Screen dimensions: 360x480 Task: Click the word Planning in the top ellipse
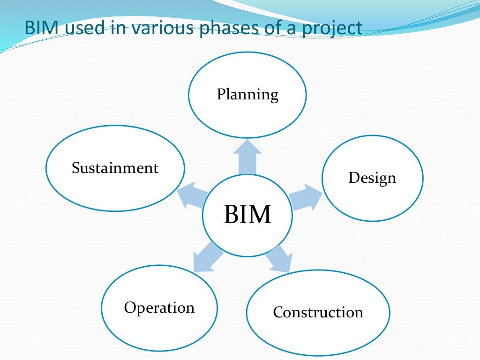pyautogui.click(x=247, y=95)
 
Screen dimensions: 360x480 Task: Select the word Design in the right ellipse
pyautogui.click(x=372, y=178)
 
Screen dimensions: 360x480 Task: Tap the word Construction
pyautogui.click(x=318, y=312)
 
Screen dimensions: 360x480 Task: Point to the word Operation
pyautogui.click(x=159, y=308)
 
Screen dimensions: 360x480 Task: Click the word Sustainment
pyautogui.click(x=115, y=168)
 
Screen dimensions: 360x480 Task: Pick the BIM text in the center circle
pyautogui.click(x=247, y=215)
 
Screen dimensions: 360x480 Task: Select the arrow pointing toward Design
pyautogui.click(x=306, y=197)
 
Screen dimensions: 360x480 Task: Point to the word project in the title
pyautogui.click(x=333, y=29)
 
